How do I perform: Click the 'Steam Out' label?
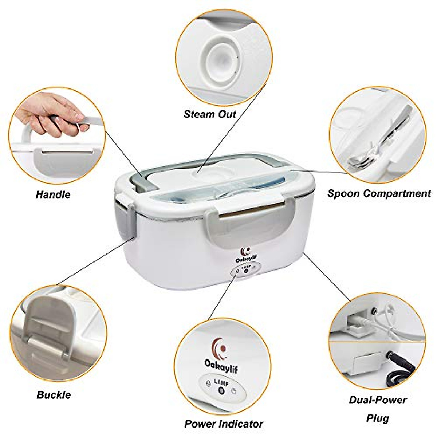tap(210, 114)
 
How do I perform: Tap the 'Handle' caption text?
tap(53, 194)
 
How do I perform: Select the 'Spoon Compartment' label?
tap(379, 193)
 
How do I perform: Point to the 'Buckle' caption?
tap(54, 395)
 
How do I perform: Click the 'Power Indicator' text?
tap(224, 424)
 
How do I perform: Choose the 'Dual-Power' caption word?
tap(378, 400)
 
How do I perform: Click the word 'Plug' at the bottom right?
tap(378, 418)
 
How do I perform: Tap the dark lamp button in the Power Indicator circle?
tap(221, 391)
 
